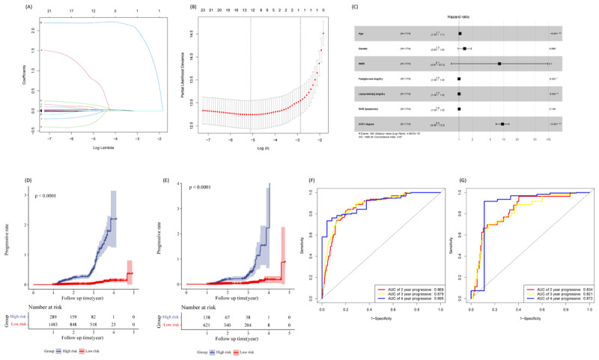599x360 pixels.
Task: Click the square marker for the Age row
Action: click(460, 34)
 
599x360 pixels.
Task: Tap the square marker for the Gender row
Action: click(464, 49)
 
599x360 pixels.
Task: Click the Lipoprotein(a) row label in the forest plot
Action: click(370, 93)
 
